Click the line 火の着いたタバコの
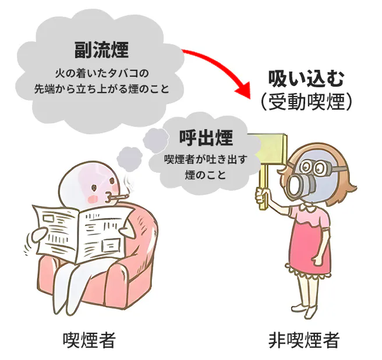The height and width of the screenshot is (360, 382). click(x=101, y=73)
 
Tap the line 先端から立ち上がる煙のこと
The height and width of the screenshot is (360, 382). click(x=101, y=90)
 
